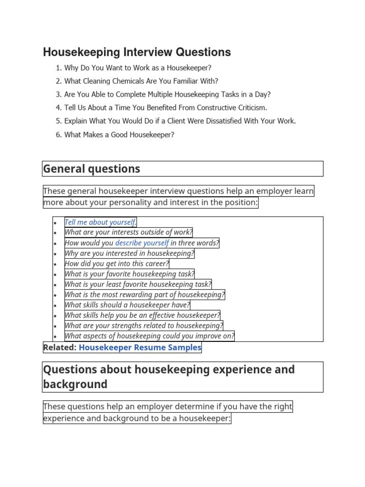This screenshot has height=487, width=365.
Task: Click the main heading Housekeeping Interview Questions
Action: pyautogui.click(x=137, y=52)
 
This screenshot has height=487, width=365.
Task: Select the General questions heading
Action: pyautogui.click(x=92, y=168)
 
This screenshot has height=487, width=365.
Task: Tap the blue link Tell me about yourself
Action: pyautogui.click(x=100, y=222)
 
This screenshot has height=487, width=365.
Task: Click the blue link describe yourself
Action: pyautogui.click(x=142, y=243)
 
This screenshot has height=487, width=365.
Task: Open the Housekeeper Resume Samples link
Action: pyautogui.click(x=140, y=348)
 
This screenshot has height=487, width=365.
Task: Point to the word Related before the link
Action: pyautogui.click(x=59, y=348)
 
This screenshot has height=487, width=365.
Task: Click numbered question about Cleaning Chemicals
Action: pyautogui.click(x=141, y=81)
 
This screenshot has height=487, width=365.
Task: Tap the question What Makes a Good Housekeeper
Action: pyautogui.click(x=119, y=135)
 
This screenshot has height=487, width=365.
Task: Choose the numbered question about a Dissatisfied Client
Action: pyautogui.click(x=180, y=121)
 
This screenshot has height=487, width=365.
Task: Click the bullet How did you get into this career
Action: pyautogui.click(x=116, y=263)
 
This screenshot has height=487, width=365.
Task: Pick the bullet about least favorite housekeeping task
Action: pyautogui.click(x=138, y=284)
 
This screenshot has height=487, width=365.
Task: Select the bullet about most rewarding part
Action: pyautogui.click(x=144, y=295)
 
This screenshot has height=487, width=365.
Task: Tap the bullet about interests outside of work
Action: pyautogui.click(x=128, y=233)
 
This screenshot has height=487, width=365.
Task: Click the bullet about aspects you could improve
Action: pyautogui.click(x=149, y=336)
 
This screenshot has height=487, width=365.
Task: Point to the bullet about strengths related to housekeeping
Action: pyautogui.click(x=144, y=326)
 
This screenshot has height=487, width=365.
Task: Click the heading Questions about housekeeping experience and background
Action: pyautogui.click(x=169, y=377)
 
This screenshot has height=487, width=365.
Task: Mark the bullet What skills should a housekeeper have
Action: pyautogui.click(x=127, y=305)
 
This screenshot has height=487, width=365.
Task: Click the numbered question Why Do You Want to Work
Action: pyautogui.click(x=138, y=68)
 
